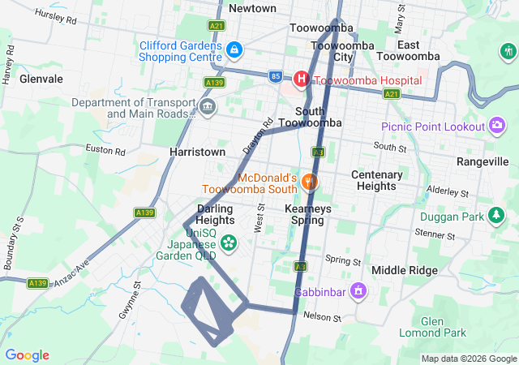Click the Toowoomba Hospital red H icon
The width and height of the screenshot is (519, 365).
tap(301, 79)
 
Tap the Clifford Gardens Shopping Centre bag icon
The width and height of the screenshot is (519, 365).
tap(234, 50)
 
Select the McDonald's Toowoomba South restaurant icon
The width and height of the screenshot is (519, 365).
tap(309, 182)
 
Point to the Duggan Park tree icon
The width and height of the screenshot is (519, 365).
tap(494, 217)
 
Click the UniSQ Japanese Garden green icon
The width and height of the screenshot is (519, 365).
tap(229, 242)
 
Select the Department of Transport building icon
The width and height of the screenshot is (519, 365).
tap(208, 107)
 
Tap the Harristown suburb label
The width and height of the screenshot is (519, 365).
tap(196, 152)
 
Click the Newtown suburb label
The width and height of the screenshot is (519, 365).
tap(252, 8)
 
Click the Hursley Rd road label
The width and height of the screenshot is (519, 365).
tap(55, 17)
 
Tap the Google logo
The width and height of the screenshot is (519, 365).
tap(27, 355)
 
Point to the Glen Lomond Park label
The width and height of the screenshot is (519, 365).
tap(444, 327)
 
